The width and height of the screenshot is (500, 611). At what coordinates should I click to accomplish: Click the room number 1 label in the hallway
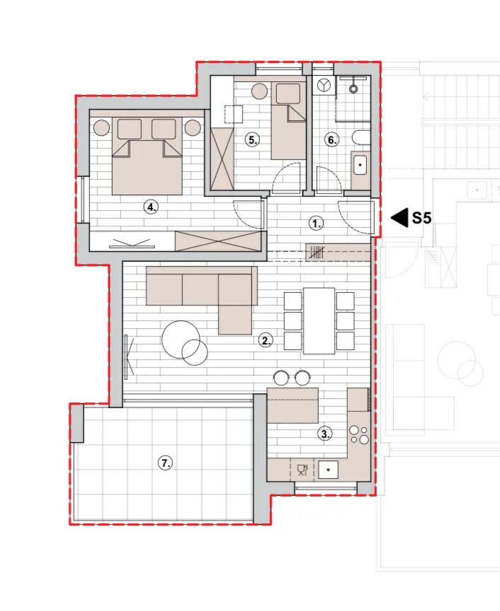316,223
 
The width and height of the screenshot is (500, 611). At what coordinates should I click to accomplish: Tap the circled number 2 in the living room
266,340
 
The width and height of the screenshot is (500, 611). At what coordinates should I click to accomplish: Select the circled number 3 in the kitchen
325,433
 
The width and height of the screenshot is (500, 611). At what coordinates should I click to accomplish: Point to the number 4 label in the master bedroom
151,206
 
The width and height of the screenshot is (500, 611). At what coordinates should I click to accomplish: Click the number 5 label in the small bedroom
253,139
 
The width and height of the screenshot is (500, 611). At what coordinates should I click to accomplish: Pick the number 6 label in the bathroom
331,139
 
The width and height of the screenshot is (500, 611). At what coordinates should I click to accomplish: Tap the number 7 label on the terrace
165,463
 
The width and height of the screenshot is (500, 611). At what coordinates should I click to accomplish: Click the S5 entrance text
421,217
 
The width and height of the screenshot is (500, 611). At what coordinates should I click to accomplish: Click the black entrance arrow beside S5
399,217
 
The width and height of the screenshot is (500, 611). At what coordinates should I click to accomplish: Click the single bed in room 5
288,121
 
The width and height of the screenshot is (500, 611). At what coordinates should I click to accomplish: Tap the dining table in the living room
319,320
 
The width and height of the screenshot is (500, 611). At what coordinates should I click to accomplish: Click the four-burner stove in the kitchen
359,434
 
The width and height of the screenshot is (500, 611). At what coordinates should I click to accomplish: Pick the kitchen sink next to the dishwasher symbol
328,470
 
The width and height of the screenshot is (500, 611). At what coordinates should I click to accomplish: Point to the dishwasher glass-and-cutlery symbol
302,470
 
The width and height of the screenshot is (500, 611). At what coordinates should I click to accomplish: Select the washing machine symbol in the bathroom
324,85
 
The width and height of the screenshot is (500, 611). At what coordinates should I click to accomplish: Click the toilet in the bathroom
361,138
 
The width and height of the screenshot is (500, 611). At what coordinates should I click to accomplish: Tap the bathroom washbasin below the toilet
360,165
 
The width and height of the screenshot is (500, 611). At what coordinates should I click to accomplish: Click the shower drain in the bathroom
353,88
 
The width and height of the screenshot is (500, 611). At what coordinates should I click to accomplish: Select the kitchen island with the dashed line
292,405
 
